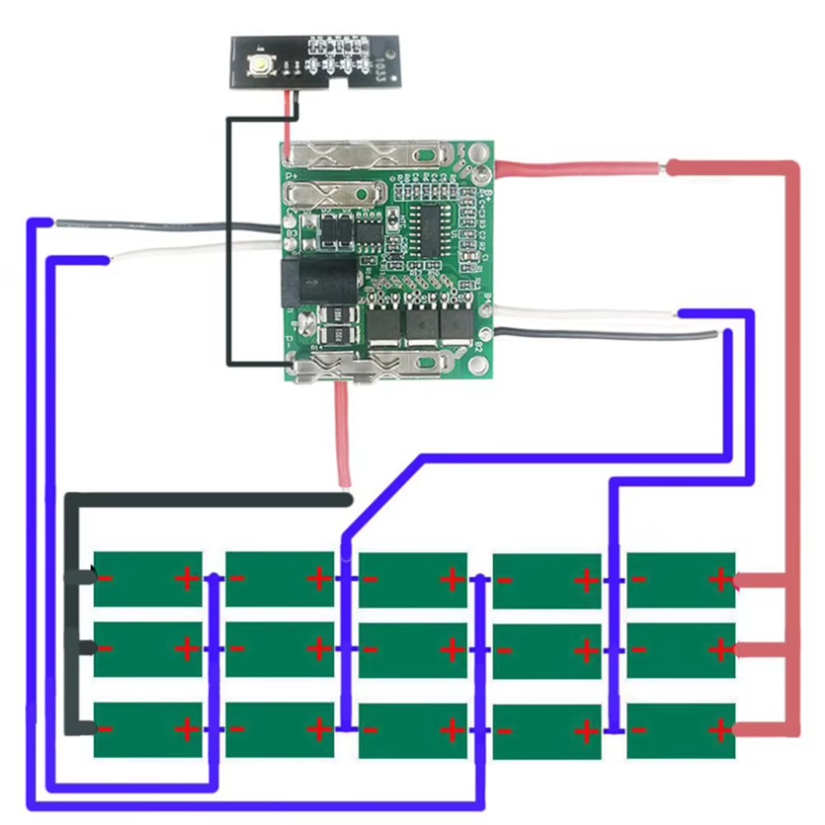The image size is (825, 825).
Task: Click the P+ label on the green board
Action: [x=291, y=176]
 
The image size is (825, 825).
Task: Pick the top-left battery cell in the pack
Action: [x=148, y=579]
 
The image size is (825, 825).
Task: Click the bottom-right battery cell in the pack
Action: [x=681, y=730]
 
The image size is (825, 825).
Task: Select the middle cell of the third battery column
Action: [x=413, y=649]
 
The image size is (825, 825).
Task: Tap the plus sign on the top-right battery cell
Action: [x=720, y=579]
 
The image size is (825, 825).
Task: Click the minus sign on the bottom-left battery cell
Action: [x=105, y=729]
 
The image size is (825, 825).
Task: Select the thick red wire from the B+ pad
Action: [x=577, y=168]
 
